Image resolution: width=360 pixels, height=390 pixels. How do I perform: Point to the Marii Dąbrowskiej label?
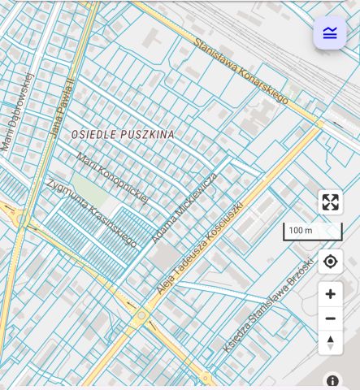17,112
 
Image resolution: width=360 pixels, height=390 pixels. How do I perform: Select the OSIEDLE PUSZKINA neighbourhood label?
123,133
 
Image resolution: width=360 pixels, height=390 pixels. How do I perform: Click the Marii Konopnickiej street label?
112,176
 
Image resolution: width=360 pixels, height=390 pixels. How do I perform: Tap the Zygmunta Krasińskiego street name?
92,211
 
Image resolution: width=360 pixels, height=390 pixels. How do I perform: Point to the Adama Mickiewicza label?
184,207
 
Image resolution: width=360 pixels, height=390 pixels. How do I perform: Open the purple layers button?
329,33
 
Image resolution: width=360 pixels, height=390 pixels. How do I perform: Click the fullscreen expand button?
330,202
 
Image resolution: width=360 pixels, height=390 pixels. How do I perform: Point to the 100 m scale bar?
312,232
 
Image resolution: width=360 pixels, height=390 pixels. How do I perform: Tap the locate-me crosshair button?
330,262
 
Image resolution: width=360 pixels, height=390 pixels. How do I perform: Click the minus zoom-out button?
330,318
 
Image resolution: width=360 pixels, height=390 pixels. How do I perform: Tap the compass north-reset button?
330,342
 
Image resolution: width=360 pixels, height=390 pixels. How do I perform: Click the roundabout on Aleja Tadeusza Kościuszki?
141,314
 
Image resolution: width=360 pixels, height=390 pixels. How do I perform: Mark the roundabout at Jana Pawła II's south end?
19,219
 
